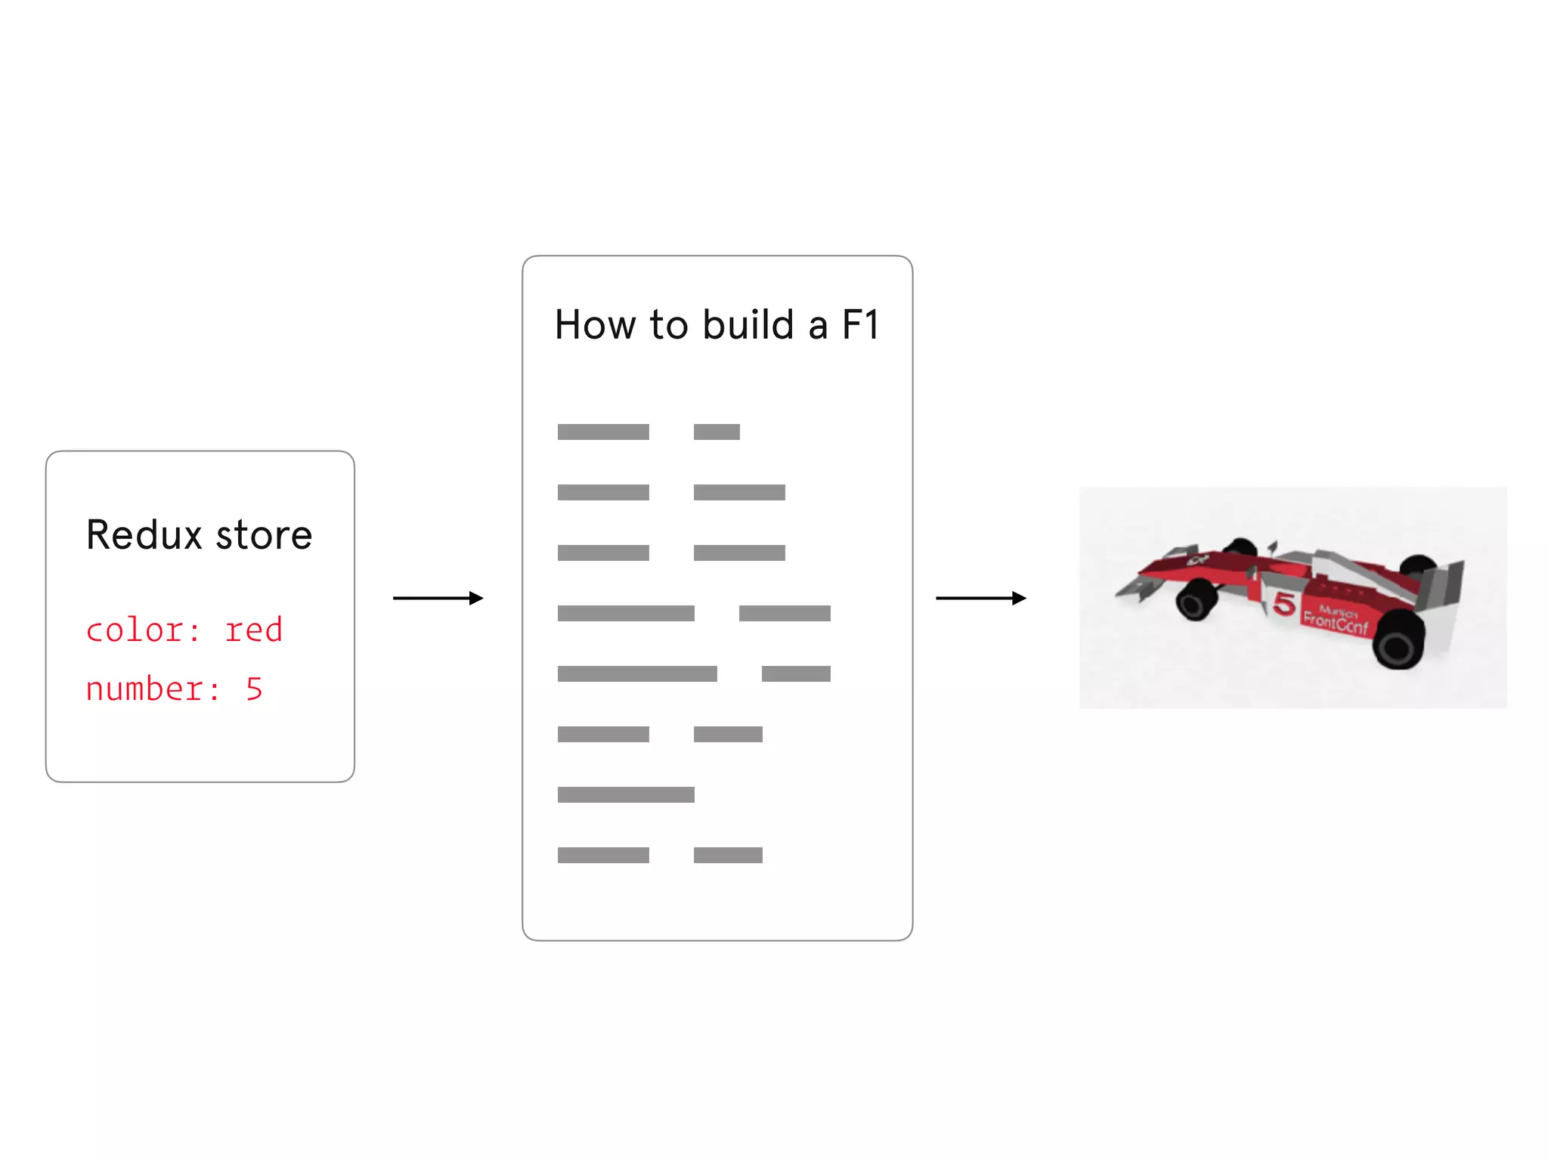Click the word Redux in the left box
[x=144, y=535]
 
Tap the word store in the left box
[x=264, y=535]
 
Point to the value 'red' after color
[x=254, y=630]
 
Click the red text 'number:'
[x=153, y=689]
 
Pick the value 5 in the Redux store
[x=255, y=689]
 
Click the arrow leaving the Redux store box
[x=438, y=599]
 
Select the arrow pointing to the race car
[x=980, y=599]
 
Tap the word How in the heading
[x=596, y=325]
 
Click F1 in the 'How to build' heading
[x=861, y=325]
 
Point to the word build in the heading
[x=748, y=325]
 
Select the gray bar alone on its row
[x=626, y=794]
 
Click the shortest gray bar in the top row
[x=717, y=432]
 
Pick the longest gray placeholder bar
[x=637, y=673]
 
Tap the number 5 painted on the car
[x=1284, y=603]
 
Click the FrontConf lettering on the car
[x=1336, y=621]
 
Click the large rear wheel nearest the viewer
[x=1398, y=639]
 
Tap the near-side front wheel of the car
[x=1196, y=601]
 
